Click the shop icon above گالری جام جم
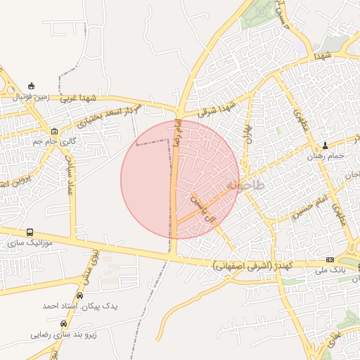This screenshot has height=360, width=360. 55,131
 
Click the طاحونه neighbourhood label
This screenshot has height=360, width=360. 245,186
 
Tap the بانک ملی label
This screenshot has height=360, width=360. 330,270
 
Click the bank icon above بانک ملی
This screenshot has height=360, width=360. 330,260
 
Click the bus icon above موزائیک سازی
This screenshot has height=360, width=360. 30,232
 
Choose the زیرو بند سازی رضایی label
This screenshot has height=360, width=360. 64,335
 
